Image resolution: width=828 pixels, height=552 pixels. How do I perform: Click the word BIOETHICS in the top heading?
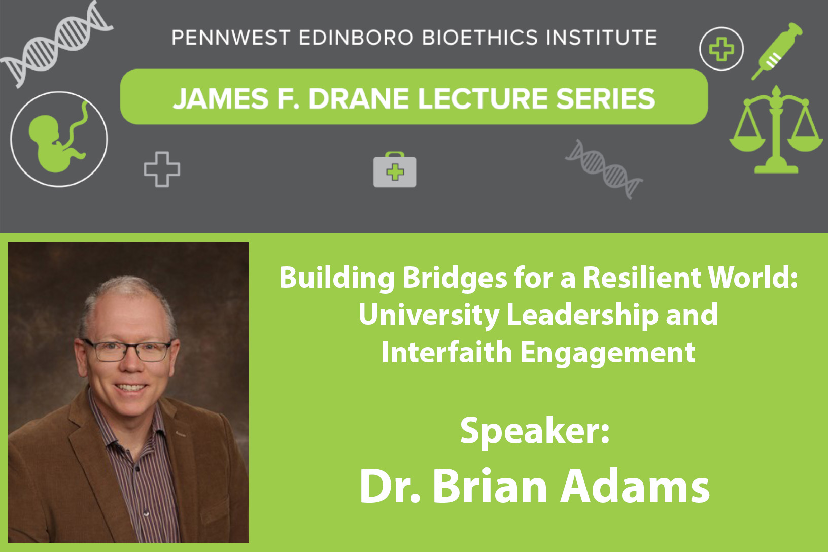[x=480, y=38]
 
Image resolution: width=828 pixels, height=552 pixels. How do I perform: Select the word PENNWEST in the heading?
[x=231, y=38]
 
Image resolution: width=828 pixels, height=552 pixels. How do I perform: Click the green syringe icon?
[x=777, y=51]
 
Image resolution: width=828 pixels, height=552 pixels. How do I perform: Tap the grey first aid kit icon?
[x=395, y=169]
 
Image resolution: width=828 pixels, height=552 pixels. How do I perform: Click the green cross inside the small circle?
[x=721, y=49]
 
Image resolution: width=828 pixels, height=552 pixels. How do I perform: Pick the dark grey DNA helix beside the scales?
[x=604, y=169]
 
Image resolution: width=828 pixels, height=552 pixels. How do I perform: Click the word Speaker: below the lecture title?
[x=535, y=431]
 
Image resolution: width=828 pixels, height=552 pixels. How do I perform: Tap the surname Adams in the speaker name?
[x=635, y=486]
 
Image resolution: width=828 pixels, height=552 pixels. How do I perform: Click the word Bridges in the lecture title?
[x=454, y=278]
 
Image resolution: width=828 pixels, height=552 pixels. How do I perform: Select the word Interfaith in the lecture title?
[x=446, y=352]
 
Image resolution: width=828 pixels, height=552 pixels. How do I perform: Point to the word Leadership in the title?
[x=582, y=315]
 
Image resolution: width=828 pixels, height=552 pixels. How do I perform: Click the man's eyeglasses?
[x=128, y=350]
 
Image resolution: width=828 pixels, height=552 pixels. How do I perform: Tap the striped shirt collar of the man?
[x=126, y=425]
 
